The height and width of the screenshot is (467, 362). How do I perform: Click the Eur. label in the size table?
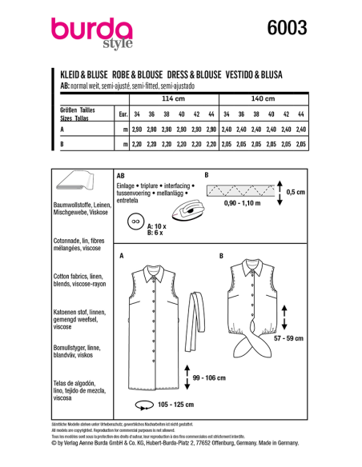[x=123, y=114]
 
